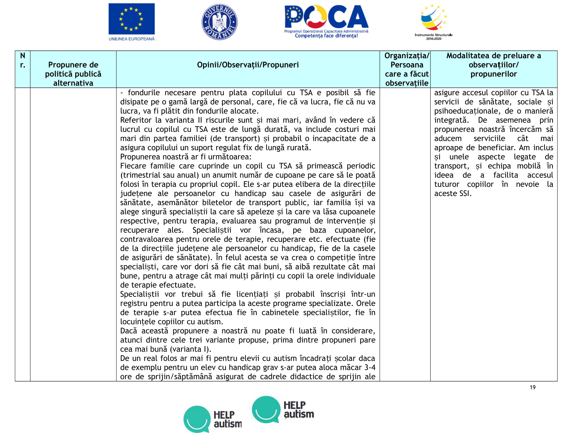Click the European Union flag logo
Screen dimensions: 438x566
pos(131,19)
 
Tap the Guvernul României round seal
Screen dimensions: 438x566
pos(219,22)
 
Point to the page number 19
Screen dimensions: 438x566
pos(533,388)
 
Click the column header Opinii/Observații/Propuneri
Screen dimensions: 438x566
pos(248,65)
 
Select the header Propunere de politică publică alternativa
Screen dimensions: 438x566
pos(73,74)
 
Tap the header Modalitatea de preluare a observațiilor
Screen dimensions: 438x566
pos(493,65)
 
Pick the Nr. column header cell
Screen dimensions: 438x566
pos(23,60)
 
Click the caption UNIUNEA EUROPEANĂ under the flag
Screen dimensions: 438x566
pos(131,39)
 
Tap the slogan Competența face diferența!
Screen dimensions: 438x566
pos(326,36)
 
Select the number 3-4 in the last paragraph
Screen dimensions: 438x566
pos(369,368)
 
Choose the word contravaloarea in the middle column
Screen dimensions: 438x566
pos(146,240)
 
